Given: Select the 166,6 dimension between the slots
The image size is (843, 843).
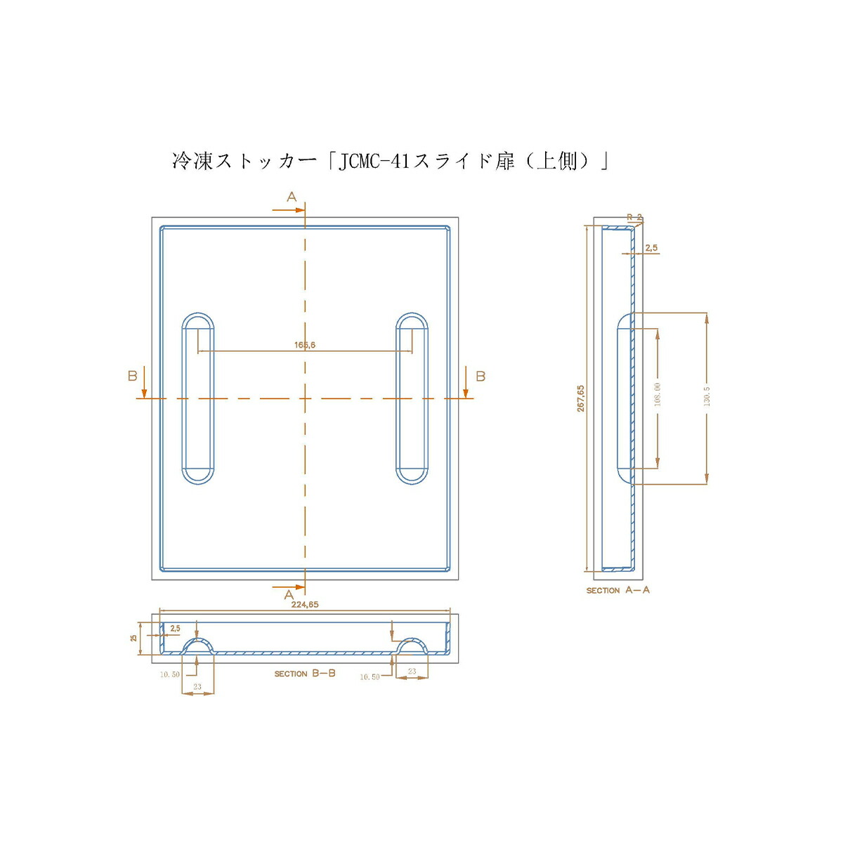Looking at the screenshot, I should tap(305, 345).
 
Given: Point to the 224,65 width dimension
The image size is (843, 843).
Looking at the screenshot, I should tap(305, 604).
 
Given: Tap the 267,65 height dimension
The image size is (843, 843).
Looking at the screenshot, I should tap(581, 398).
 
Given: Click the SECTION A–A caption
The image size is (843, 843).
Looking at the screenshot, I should tap(618, 590).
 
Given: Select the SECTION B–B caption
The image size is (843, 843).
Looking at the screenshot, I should tap(305, 673).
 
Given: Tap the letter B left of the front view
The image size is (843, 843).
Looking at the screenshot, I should tap(132, 377).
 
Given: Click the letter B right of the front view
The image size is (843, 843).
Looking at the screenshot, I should tap(481, 377).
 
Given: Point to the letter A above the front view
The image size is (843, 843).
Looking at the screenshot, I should tap(292, 197).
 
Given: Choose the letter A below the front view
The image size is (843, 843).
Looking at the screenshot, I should tap(289, 595).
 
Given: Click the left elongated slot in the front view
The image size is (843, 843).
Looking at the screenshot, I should tap(198, 398).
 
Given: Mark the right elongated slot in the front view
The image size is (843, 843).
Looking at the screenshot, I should tap(412, 398).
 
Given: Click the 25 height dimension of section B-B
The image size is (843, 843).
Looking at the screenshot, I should tap(133, 637).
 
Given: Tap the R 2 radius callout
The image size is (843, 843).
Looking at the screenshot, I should tap(634, 218).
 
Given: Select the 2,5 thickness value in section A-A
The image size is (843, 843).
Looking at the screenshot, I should tap(651, 248).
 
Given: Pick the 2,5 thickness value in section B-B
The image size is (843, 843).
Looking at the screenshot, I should tap(175, 628).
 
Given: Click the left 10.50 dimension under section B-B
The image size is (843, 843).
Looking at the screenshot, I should tap(170, 674).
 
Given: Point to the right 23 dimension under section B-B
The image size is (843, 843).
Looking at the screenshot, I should tap(412, 672).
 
